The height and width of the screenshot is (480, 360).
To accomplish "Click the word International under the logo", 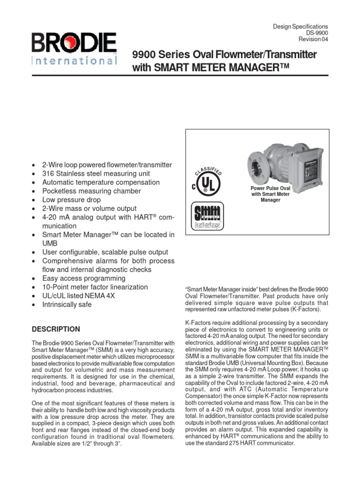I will [x=74, y=61].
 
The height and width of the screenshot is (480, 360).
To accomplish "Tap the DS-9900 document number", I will [x=317, y=33].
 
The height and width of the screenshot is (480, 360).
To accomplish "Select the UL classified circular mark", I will [x=205, y=181].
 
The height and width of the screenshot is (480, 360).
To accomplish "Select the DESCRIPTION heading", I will [x=56, y=329].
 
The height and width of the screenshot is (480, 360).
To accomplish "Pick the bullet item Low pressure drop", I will [x=71, y=200].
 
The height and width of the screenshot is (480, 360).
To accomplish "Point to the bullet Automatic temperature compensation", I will [x=101, y=182].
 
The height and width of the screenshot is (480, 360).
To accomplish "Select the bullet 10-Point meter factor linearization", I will [x=95, y=287].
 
